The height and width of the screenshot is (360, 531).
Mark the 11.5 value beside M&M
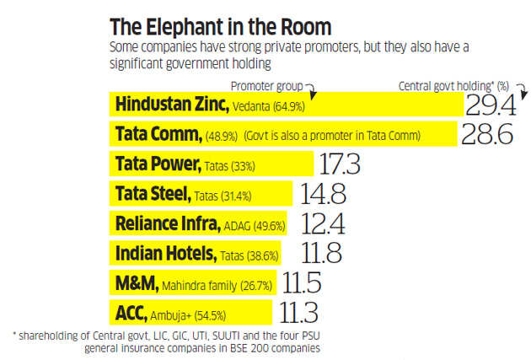point(303,284)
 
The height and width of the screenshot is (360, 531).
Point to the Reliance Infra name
point(166,224)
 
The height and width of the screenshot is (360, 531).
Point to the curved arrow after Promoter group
point(309,87)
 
